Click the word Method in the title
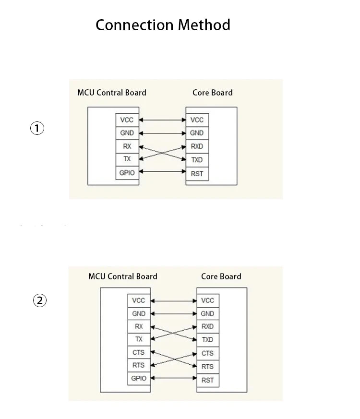click(204, 25)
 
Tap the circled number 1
click(37, 128)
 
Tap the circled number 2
click(39, 300)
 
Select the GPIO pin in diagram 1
click(127, 173)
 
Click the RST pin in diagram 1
click(197, 174)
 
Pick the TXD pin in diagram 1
click(197, 160)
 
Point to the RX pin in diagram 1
click(127, 146)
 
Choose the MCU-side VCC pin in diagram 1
click(127, 120)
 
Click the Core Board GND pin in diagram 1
click(197, 133)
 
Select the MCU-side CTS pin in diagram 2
click(139, 352)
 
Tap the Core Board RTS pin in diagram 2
click(208, 367)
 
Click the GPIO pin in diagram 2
click(139, 378)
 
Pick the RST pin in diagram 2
click(208, 380)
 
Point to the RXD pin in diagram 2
click(208, 326)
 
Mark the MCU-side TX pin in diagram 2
click(139, 339)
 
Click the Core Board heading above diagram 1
click(213, 93)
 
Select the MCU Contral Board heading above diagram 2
click(123, 276)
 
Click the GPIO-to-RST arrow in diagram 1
click(163, 171)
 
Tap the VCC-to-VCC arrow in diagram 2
click(174, 301)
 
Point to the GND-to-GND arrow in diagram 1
click(163, 133)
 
